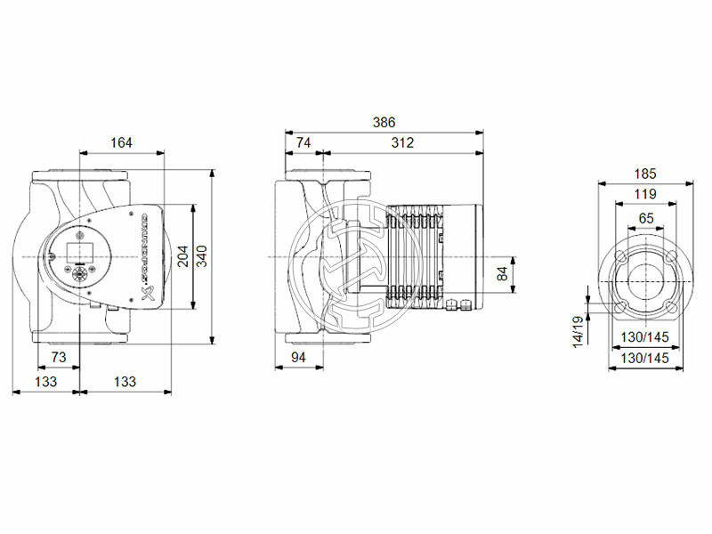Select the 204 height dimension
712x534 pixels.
tap(182, 257)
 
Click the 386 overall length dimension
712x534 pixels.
tap(383, 122)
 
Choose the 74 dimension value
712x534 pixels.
tap(303, 142)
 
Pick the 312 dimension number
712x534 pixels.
tap(400, 142)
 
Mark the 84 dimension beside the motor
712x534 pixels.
tap(502, 274)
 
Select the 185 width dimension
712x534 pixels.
tap(645, 174)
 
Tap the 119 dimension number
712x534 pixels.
tap(645, 194)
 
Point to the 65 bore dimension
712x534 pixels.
tap(645, 217)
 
